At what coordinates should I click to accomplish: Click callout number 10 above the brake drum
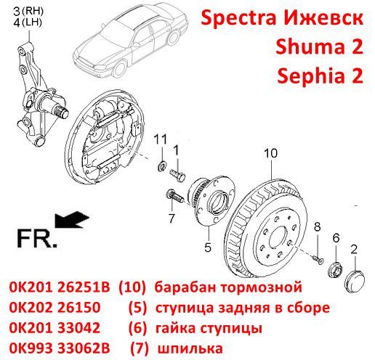[x=271, y=153]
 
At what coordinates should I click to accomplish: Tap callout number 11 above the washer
[x=161, y=139]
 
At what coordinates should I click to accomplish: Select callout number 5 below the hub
[x=208, y=247]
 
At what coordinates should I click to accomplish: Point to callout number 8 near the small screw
[x=317, y=227]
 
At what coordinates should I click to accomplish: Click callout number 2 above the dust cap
[x=354, y=249]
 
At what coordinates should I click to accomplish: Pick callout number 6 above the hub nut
[x=336, y=238]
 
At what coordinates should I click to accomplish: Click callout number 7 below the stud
[x=172, y=218]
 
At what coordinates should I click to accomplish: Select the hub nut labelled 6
[x=336, y=269]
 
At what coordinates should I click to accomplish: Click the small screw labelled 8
[x=316, y=258]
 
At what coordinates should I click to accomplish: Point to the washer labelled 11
[x=161, y=167]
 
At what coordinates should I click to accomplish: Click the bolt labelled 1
[x=177, y=174]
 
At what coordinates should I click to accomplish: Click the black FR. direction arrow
[x=72, y=220]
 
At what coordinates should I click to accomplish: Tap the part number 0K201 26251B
[x=60, y=287]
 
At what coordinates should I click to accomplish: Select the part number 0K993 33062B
[x=60, y=348]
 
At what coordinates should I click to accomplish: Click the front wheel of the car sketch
[x=120, y=68]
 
